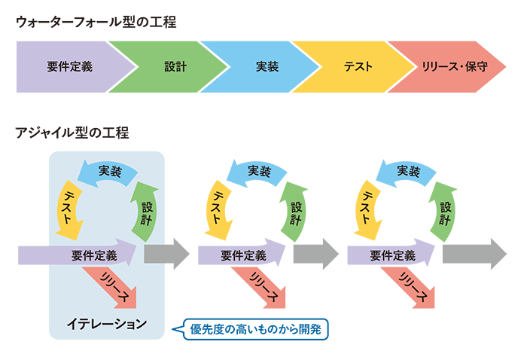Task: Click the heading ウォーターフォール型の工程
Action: pos(96,22)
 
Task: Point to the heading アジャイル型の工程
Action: pos(72,133)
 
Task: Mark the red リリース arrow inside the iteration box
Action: pos(113,287)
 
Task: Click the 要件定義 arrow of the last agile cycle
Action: pos(391,255)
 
